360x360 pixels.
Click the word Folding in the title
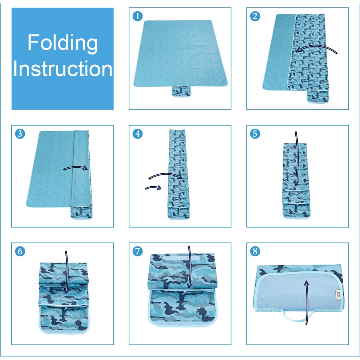pyautogui.click(x=63, y=43)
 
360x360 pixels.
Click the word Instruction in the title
pyautogui.click(x=63, y=69)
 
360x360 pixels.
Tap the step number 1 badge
pyautogui.click(x=137, y=16)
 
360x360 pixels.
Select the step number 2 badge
pyautogui.click(x=255, y=16)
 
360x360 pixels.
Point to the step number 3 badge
pyautogui.click(x=20, y=134)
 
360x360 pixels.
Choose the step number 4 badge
pyautogui.click(x=137, y=134)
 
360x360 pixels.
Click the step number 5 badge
pyautogui.click(x=255, y=134)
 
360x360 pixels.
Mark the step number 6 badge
pyautogui.click(x=20, y=251)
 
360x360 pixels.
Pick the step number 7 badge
pyautogui.click(x=137, y=251)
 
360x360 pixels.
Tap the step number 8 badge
pyautogui.click(x=255, y=251)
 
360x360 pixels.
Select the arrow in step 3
pyautogui.click(x=76, y=167)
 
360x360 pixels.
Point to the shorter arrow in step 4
pyautogui.click(x=153, y=187)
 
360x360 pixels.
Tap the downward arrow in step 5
pyautogui.click(x=297, y=159)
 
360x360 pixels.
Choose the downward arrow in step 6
pyautogui.click(x=67, y=272)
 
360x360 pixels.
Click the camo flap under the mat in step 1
pyautogui.click(x=182, y=91)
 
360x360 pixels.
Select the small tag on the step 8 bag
pyautogui.click(x=338, y=294)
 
